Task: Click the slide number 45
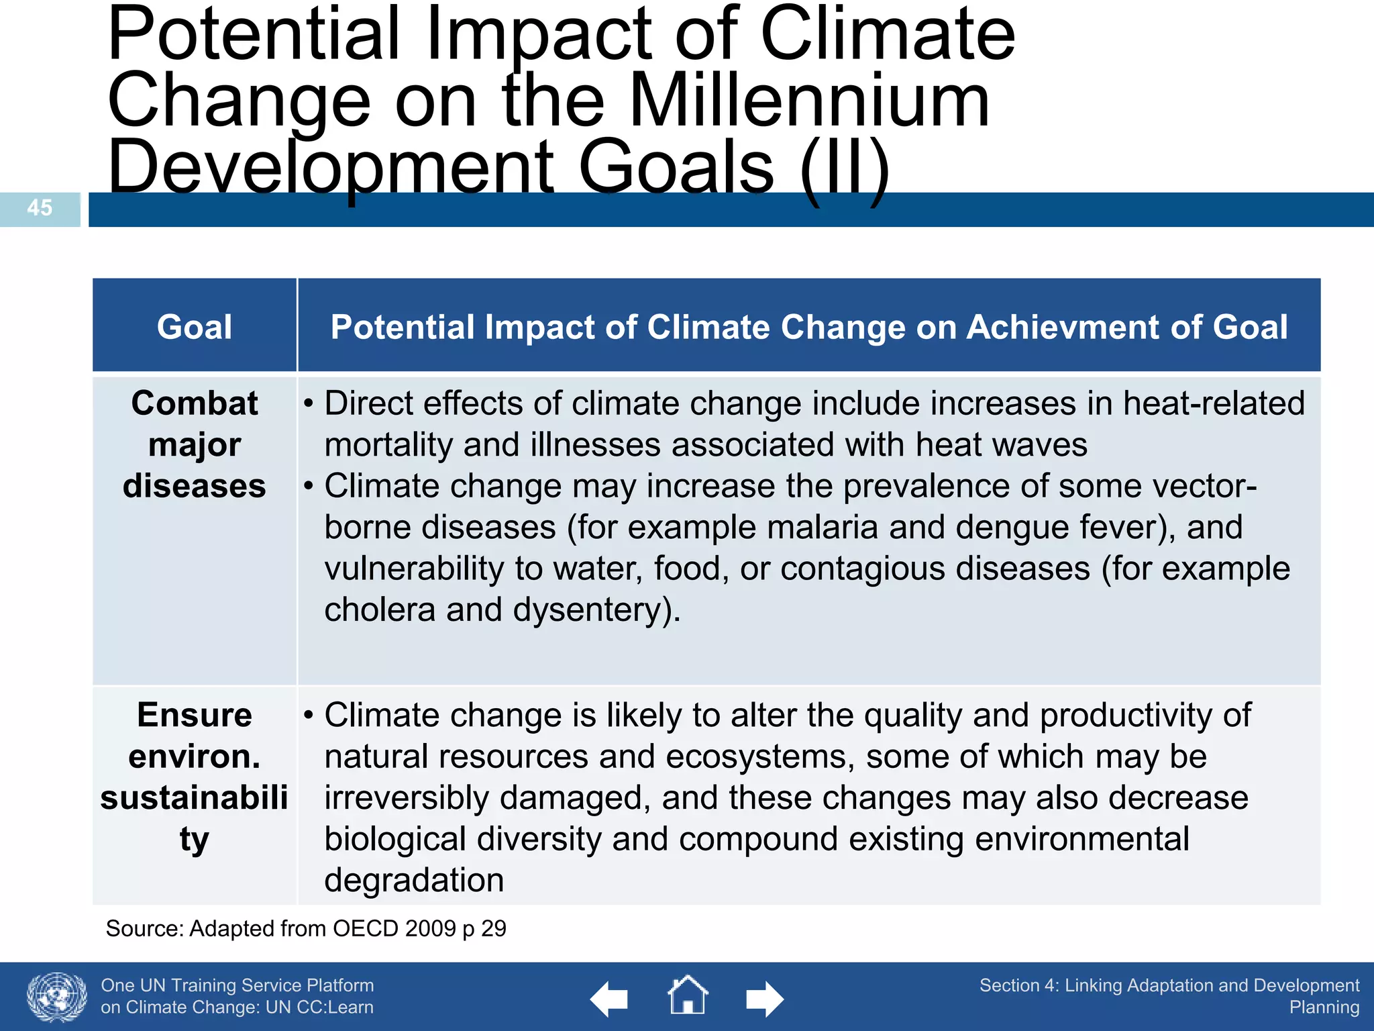(40, 207)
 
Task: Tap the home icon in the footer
(688, 995)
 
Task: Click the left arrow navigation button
(609, 999)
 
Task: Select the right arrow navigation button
(764, 999)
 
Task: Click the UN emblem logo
(56, 997)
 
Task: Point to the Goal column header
(194, 327)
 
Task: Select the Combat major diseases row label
(194, 444)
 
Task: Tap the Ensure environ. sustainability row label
(194, 777)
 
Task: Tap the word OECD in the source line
(366, 928)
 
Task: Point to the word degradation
(414, 880)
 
